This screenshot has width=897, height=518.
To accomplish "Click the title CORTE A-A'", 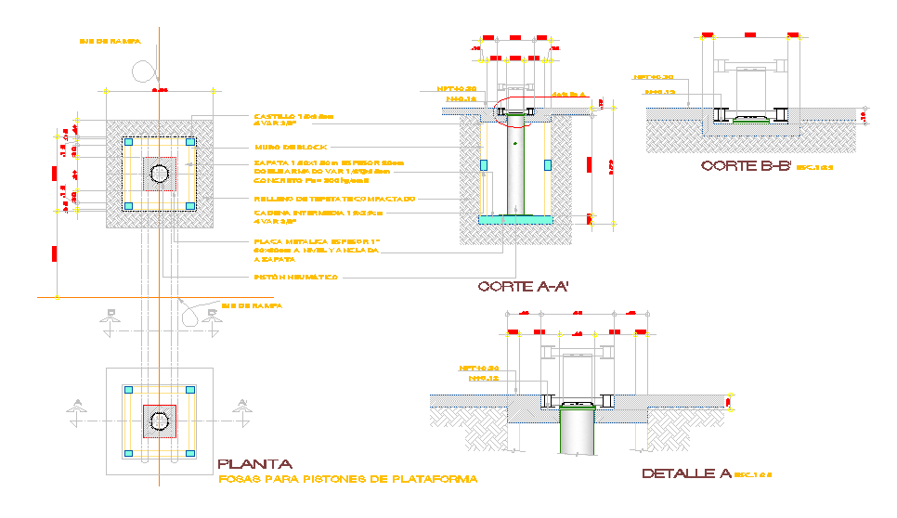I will [x=523, y=287].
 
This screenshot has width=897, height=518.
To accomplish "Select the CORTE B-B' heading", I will [x=746, y=166].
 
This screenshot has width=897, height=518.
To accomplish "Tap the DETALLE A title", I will [x=686, y=473].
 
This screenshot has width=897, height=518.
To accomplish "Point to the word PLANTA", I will [x=254, y=464].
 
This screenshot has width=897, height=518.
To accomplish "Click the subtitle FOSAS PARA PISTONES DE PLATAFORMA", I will [x=347, y=480].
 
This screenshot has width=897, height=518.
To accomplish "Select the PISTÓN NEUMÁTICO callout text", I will [x=296, y=277].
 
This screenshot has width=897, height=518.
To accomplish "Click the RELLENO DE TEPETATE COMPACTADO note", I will [x=334, y=199].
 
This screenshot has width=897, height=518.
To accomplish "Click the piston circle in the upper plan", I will [x=160, y=173].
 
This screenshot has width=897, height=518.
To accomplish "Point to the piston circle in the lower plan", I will [x=160, y=421].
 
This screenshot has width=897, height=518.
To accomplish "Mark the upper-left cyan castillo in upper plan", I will [x=129, y=142].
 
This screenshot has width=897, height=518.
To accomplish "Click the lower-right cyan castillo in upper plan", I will [x=190, y=205].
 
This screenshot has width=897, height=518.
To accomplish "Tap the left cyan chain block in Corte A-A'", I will [x=483, y=164].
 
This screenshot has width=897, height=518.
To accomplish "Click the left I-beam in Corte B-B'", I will [x=719, y=114].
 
